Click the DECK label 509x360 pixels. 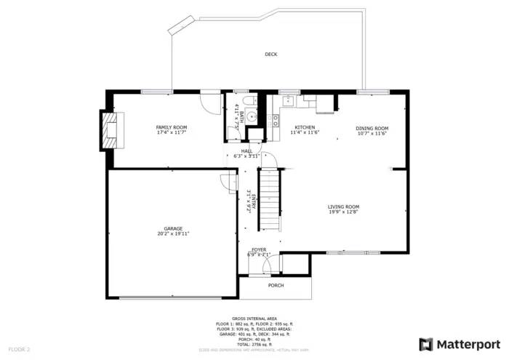point(270,54)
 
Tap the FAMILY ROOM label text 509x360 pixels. point(172,127)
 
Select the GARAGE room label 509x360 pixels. point(173,228)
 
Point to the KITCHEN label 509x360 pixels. point(304,127)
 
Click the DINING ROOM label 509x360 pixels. point(372,129)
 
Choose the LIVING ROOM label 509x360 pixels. point(343,207)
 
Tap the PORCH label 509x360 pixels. point(276,285)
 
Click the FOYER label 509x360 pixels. point(259,249)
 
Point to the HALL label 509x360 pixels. point(247,151)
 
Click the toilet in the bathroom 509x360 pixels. point(248,101)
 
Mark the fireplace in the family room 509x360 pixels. point(112,128)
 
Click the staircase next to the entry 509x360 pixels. point(270,197)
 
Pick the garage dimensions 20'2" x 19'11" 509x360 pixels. point(173,234)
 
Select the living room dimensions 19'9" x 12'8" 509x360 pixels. point(343,212)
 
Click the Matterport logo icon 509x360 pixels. point(426,343)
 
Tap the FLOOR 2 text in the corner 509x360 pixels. point(20,349)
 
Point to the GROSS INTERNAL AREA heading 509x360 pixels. point(254,319)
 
